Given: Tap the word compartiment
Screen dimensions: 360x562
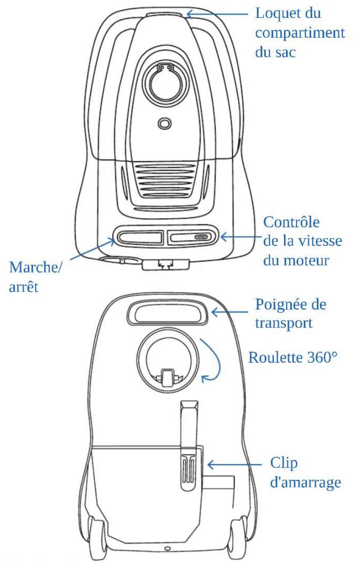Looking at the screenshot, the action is (300, 33).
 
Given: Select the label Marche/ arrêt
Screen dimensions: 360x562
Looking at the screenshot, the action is (35, 277).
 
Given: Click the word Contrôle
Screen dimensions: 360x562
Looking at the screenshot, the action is (291, 222).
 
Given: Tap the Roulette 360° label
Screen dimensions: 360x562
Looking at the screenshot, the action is (293, 357).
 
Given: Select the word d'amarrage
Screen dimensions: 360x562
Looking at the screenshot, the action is (305, 482).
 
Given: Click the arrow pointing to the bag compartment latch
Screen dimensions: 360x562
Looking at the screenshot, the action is (217, 14).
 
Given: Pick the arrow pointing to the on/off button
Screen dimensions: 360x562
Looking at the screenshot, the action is (92, 249).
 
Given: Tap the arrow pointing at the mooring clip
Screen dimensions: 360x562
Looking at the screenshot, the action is (234, 464).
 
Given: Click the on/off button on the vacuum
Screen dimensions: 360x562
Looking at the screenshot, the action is (140, 237).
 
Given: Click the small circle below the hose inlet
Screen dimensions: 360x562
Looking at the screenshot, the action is (165, 123).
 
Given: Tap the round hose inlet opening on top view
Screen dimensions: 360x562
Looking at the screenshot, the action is (165, 83).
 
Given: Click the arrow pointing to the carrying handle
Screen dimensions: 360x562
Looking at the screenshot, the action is (230, 312).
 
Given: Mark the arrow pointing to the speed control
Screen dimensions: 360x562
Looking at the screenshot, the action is (241, 237).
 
